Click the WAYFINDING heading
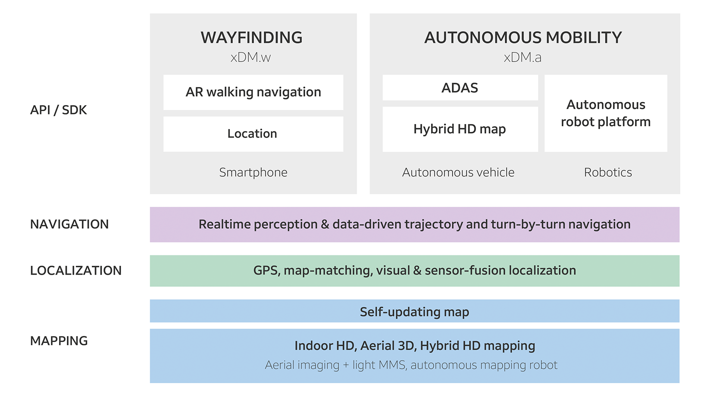pos(252,37)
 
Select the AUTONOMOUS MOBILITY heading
pos(523,37)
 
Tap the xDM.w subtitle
pos(250,57)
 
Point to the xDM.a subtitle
pos(522,57)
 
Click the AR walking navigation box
pos(253,93)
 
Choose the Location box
pos(253,134)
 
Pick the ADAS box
pos(460,88)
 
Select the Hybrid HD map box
pos(460,129)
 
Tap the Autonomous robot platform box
pos(606,113)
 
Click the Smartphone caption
pos(253,173)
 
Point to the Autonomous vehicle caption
pos(458,173)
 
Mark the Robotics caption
pos(608,173)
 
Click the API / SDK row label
pos(58,110)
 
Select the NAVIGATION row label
pos(69,224)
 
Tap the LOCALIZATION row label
pos(76,270)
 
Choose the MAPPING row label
pos(59,341)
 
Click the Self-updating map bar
pos(415,311)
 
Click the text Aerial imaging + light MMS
pos(335,365)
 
